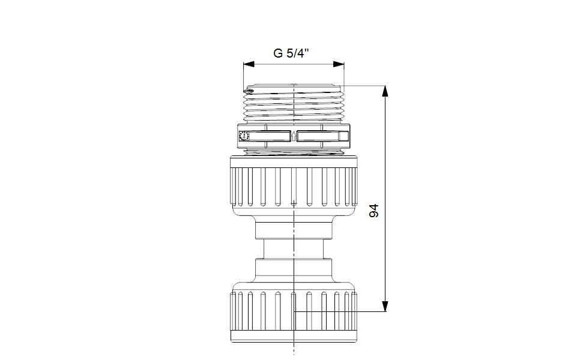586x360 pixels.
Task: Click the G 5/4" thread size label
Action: [x=291, y=53]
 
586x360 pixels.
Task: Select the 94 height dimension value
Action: [x=373, y=211]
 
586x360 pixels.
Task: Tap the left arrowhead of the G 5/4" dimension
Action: [x=249, y=64]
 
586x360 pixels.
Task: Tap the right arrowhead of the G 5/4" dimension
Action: [x=339, y=64]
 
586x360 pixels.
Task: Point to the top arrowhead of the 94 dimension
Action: [x=385, y=91]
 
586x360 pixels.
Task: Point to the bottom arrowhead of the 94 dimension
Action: [x=385, y=306]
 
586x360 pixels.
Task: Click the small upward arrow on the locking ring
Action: [x=294, y=136]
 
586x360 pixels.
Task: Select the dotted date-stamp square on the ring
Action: [x=244, y=136]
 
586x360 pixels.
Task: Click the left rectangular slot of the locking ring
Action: [x=270, y=136]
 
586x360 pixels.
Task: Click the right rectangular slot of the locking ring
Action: [x=318, y=136]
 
